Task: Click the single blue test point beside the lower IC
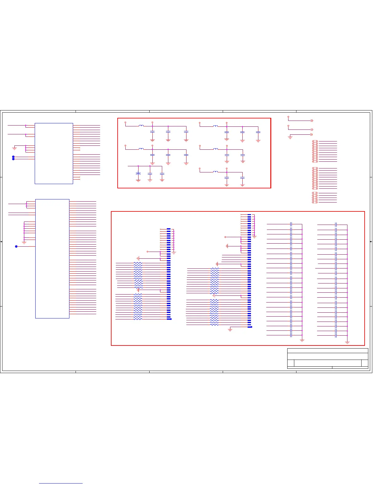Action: click(16, 246)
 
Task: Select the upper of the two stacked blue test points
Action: click(13, 157)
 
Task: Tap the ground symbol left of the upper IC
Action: click(14, 148)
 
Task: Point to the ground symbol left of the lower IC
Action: click(24, 242)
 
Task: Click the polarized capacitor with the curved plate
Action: click(138, 174)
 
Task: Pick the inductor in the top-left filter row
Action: click(141, 126)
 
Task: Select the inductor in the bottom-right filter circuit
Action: click(216, 172)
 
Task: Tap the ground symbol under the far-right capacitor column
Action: click(347, 342)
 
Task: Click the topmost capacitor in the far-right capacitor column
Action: click(336, 225)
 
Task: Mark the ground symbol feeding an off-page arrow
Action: click(290, 137)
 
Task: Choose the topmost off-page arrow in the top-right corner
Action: click(312, 121)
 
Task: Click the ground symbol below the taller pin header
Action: click(230, 330)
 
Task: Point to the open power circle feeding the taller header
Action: click(225, 237)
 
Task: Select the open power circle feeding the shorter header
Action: click(148, 252)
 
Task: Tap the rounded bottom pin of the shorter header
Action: click(169, 319)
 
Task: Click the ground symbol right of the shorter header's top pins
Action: click(174, 253)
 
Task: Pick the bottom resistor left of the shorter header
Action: click(138, 319)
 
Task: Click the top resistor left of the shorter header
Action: click(138, 263)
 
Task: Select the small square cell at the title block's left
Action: click(291, 363)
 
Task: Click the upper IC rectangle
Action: click(54, 153)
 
